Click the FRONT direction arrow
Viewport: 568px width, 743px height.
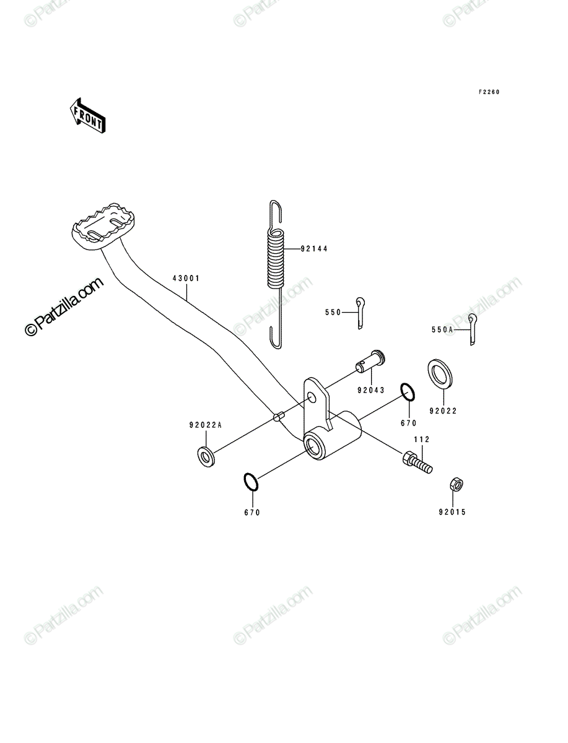tap(87, 116)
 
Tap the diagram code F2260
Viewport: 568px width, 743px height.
tap(489, 92)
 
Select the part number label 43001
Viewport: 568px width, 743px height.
tap(186, 279)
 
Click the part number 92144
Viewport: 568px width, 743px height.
tap(314, 249)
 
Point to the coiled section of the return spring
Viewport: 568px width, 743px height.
tap(276, 259)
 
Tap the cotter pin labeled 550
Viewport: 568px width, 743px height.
tap(360, 313)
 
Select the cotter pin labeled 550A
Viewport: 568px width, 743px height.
tap(472, 329)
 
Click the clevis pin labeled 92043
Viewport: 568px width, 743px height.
tap(370, 361)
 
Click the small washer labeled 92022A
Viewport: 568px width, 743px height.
tap(206, 457)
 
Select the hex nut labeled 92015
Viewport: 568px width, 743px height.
tap(457, 485)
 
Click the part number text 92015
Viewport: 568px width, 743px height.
tap(452, 512)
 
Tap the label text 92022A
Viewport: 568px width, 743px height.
tap(206, 425)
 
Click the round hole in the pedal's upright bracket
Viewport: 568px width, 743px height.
tap(312, 397)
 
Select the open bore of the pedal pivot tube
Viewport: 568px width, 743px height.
tap(314, 446)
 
